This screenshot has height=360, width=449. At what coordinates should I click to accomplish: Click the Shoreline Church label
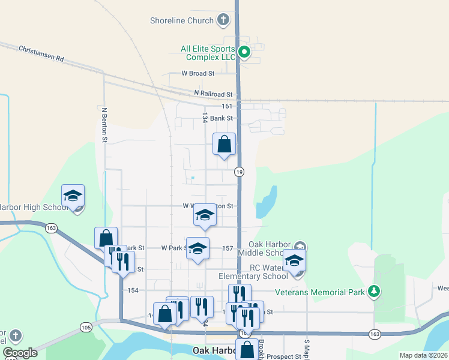click(181, 20)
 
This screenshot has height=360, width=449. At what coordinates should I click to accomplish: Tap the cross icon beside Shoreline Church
click(223, 20)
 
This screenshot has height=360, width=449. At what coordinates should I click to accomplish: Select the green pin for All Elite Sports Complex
click(244, 52)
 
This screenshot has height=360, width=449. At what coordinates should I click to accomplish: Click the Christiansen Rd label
click(41, 53)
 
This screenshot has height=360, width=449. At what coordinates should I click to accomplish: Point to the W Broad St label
click(198, 73)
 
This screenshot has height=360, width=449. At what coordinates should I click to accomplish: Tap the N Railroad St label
click(213, 94)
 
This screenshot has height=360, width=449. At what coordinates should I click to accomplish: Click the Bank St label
click(221, 118)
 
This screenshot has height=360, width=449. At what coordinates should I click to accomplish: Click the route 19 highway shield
click(239, 172)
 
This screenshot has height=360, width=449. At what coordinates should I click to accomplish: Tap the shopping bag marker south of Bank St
click(224, 145)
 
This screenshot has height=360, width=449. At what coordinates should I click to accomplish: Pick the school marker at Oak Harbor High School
click(73, 196)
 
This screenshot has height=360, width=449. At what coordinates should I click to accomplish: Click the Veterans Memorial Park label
click(320, 293)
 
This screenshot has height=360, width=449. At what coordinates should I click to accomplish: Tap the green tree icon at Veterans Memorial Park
click(375, 292)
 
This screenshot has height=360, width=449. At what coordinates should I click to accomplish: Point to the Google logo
click(20, 353)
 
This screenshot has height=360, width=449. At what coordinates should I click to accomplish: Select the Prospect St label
click(284, 356)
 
